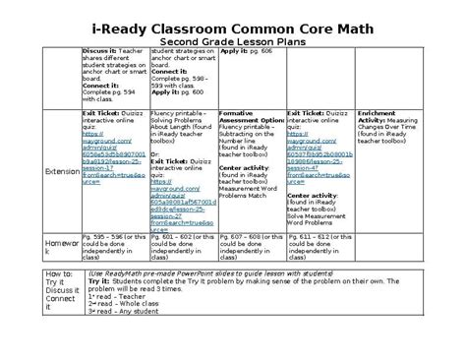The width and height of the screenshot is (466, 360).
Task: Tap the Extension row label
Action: click(x=62, y=170)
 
